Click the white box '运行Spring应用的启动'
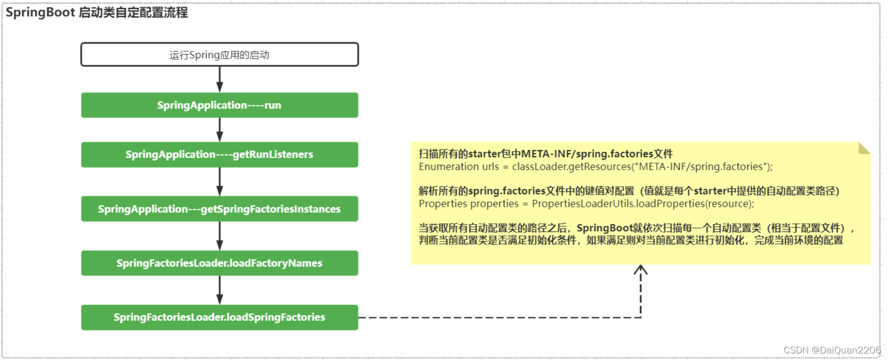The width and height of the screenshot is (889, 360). (x=219, y=55)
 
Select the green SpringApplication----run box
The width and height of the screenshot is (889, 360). (x=219, y=105)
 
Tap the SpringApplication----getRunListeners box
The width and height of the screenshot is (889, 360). (x=219, y=155)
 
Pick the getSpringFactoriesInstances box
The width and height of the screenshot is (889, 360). (x=219, y=209)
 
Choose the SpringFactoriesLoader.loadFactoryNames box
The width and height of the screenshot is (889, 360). (x=219, y=263)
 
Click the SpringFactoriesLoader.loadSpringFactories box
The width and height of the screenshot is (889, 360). (x=219, y=317)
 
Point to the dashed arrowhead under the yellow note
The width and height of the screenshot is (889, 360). (x=641, y=270)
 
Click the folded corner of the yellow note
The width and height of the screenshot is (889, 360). (x=864, y=148)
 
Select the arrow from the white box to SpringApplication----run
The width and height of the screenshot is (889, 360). (x=219, y=79)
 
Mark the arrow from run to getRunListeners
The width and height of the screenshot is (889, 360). (x=219, y=130)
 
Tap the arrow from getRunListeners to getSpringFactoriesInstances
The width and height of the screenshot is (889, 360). (x=219, y=182)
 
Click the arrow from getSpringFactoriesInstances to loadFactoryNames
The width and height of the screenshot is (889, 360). (x=219, y=236)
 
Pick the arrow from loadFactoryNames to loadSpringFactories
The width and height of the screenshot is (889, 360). (x=219, y=290)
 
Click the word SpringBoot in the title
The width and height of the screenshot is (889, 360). (x=40, y=13)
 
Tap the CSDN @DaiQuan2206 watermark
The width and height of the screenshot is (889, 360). (x=832, y=350)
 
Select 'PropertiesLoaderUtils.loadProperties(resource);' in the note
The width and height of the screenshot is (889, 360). (x=643, y=204)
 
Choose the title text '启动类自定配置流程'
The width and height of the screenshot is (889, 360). (x=134, y=13)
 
